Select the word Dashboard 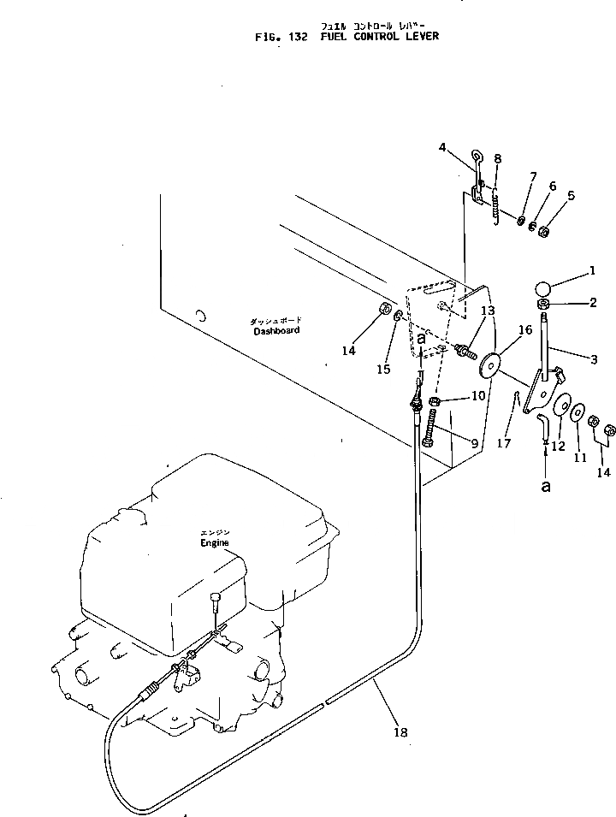276,331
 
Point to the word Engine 216,543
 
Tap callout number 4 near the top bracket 443,147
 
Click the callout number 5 572,195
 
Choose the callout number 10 477,396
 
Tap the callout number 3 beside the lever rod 593,359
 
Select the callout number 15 384,370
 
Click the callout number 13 488,311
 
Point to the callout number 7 533,177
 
